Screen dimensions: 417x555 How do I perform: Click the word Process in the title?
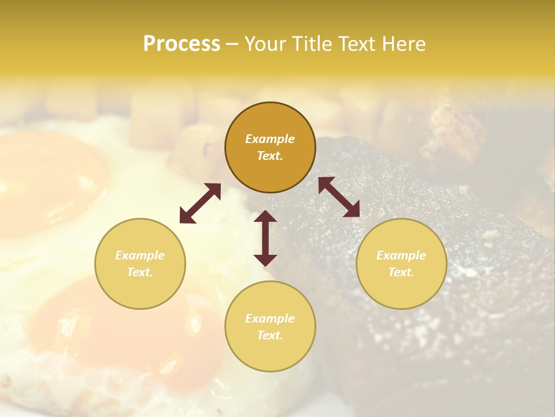tap(182, 44)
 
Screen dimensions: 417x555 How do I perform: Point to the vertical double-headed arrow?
tap(265, 238)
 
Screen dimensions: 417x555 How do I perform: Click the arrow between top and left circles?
tap(200, 203)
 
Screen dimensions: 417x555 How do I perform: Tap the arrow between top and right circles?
tap(339, 197)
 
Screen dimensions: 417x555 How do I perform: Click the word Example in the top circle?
tap(270, 139)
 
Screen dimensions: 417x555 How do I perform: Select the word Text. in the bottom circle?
tap(270, 335)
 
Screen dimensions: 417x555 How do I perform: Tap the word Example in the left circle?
tap(140, 255)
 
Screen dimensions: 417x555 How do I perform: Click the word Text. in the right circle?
tap(401, 272)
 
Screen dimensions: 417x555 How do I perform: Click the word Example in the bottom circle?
tap(270, 319)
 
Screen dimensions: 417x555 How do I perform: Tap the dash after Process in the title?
tap(232, 44)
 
